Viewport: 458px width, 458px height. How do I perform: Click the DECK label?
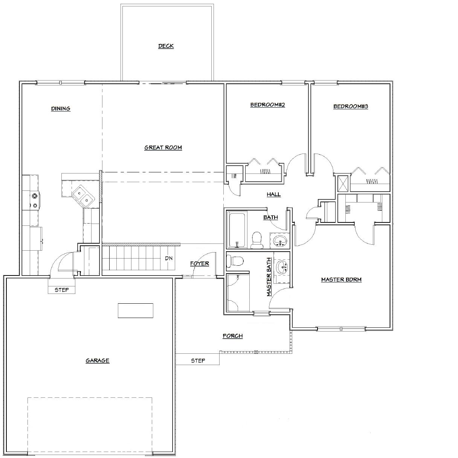tap(166, 46)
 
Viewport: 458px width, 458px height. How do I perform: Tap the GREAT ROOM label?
tap(163, 148)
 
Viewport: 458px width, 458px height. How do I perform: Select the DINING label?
tap(61, 109)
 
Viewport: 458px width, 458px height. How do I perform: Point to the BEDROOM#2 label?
tap(268, 105)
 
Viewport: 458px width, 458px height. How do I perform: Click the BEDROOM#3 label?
tap(351, 106)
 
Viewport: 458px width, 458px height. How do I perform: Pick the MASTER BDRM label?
tap(341, 280)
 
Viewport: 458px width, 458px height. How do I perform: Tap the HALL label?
tap(273, 195)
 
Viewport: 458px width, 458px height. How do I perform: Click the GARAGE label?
tap(98, 361)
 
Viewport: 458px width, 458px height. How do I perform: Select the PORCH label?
tap(233, 336)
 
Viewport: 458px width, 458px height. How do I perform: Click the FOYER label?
tap(200, 263)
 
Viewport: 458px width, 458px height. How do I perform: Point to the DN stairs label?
tap(169, 258)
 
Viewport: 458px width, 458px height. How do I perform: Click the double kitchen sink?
tap(83, 196)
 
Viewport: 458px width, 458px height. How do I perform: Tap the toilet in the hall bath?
tap(256, 240)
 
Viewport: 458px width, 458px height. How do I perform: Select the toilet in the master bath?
tap(235, 260)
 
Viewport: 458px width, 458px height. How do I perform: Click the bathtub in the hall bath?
tap(237, 230)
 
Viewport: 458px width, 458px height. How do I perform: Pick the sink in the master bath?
tap(282, 268)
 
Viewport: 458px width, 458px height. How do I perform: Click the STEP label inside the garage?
tap(62, 290)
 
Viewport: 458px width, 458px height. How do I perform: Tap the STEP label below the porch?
tap(198, 361)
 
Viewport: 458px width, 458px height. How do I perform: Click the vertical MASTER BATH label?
tap(269, 277)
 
